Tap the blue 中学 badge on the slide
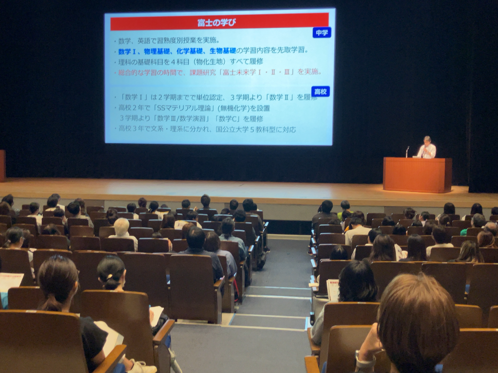(x=321, y=32)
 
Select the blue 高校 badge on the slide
(x=320, y=91)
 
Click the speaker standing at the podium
(x=426, y=148)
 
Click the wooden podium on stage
(x=417, y=175)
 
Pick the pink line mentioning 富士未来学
(x=219, y=72)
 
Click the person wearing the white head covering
(x=122, y=227)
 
